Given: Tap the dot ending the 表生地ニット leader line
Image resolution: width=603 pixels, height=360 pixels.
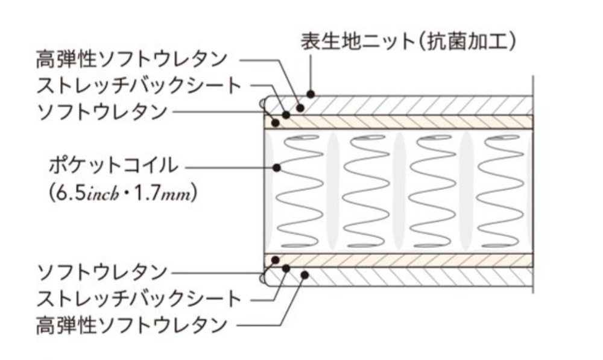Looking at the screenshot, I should click(x=311, y=94).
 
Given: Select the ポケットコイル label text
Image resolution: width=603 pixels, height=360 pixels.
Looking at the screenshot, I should click(x=114, y=164).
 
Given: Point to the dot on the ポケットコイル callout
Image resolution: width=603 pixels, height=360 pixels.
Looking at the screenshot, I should click(x=277, y=167).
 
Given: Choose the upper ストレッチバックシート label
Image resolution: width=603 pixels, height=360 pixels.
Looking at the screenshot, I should click(x=139, y=86).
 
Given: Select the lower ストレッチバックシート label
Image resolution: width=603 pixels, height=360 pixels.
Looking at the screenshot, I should click(x=139, y=298).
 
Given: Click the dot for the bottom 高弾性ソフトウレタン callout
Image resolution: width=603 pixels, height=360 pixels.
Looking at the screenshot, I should click(x=305, y=275).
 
